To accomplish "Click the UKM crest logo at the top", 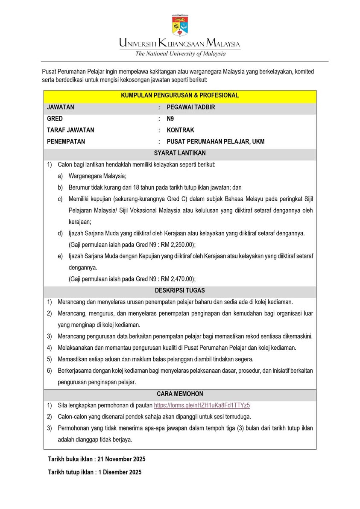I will click(x=180, y=25).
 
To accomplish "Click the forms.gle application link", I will click(x=202, y=405).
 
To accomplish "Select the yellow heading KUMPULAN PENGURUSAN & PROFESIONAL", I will click(x=180, y=96).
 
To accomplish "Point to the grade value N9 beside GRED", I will click(x=170, y=119).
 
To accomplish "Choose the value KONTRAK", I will click(x=180, y=130).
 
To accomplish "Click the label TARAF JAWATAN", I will click(x=70, y=130).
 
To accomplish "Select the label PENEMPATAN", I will click(x=66, y=142).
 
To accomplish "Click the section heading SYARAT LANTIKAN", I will click(x=180, y=153).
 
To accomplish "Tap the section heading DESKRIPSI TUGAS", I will click(x=180, y=290).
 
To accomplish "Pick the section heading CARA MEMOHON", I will click(x=180, y=394).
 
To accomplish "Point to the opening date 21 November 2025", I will click(x=121, y=459).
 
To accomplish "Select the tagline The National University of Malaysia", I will click(x=180, y=54).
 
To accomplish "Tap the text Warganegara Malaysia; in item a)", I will click(x=98, y=176).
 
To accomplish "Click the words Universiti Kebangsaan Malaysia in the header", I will click(x=180, y=43).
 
